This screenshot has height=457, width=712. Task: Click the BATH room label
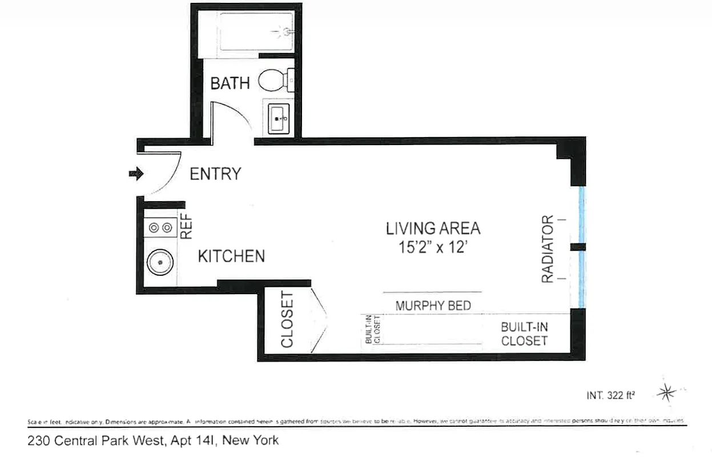[x=230, y=83]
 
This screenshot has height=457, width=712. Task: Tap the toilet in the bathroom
[x=274, y=81]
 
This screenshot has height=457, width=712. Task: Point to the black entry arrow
[x=136, y=173]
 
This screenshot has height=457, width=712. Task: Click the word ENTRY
[x=215, y=174]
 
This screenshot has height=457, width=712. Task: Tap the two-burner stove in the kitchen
[x=160, y=228]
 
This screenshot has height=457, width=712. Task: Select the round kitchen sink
[x=160, y=263]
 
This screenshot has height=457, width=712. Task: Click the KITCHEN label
[x=231, y=256]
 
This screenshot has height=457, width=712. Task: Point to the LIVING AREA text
[x=433, y=228]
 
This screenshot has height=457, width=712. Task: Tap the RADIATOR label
[x=548, y=249]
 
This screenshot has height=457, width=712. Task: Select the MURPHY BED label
[x=433, y=306]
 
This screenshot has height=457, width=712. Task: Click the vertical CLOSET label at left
[x=287, y=320]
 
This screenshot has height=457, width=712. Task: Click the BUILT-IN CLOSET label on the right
[x=524, y=334]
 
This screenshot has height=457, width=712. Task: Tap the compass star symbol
[x=666, y=392]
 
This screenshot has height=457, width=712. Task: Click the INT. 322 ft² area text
[x=612, y=394]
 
